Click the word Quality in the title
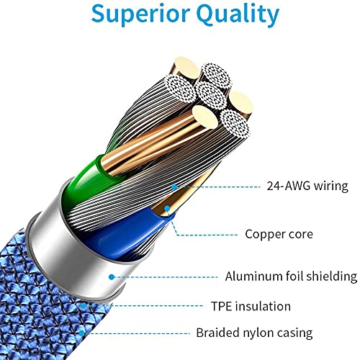238,14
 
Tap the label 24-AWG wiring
307,186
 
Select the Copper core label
279,234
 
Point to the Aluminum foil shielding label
291,276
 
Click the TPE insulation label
251,306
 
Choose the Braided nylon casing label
254,333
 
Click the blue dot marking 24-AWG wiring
174,186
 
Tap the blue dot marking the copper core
167,208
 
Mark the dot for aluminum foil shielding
111,277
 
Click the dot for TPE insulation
83,306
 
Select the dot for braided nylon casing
82,333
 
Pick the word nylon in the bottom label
258,333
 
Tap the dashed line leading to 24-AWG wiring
217,186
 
